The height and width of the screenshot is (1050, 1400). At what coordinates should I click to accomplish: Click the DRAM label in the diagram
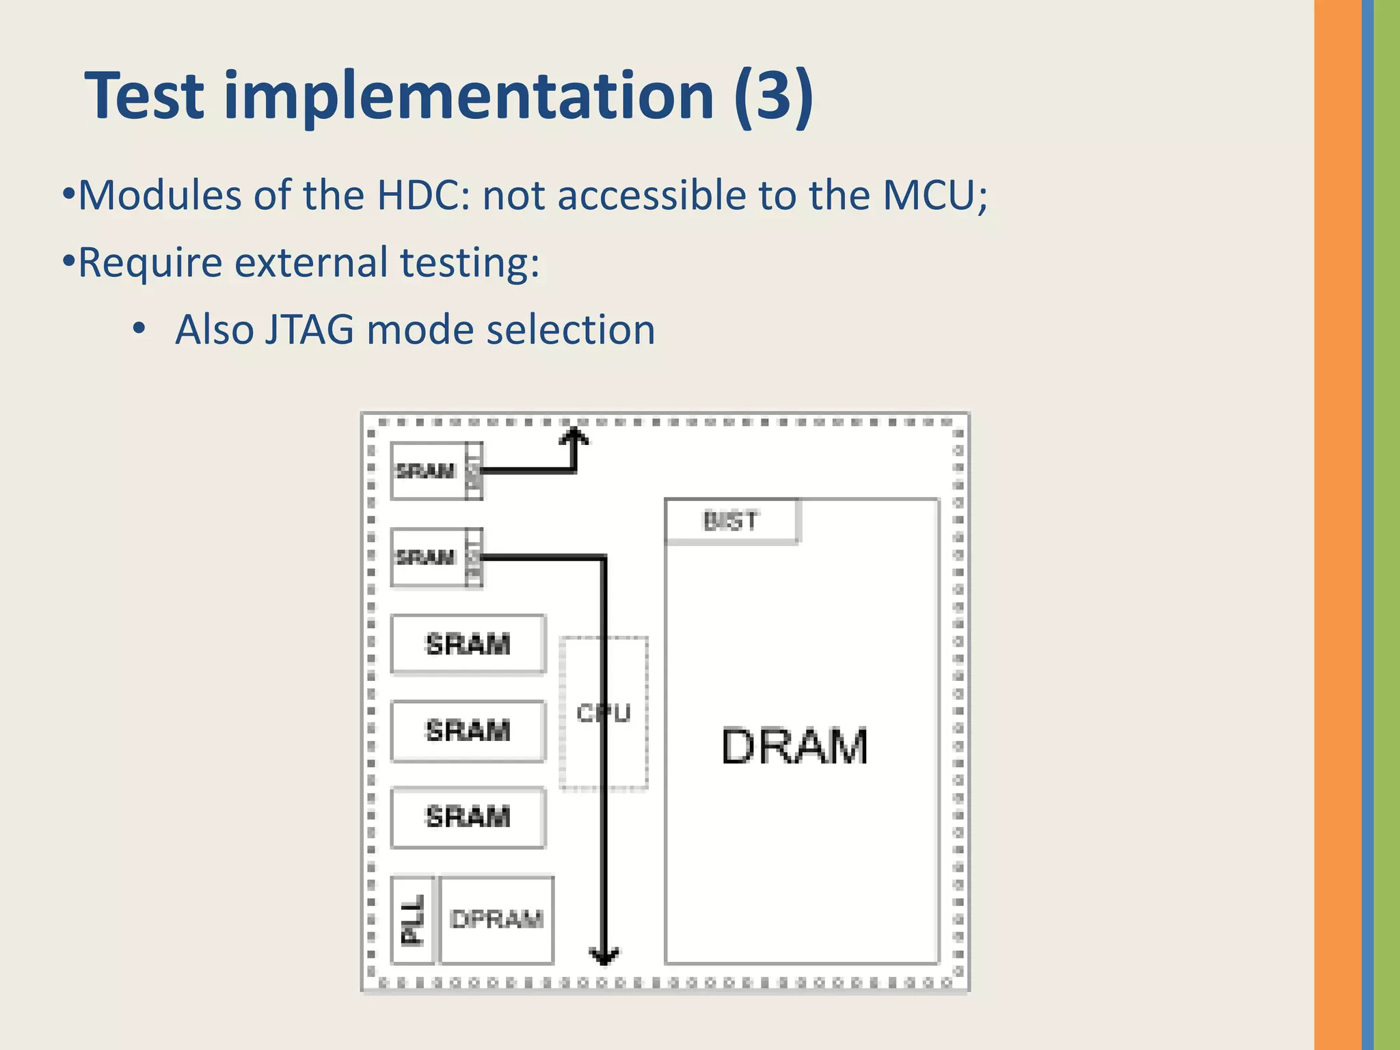coord(794,746)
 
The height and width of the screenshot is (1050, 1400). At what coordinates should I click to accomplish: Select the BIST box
coord(731,522)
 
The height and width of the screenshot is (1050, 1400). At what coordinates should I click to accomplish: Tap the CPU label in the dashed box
coord(603,713)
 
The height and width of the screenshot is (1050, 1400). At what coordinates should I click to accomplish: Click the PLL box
coord(412,920)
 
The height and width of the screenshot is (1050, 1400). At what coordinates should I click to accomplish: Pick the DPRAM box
coord(497,919)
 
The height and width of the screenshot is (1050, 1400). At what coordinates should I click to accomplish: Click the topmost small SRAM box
coord(427,471)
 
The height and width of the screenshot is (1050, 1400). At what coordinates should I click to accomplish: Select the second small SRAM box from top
coord(427,557)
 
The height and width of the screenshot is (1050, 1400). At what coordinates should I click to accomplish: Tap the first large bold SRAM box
coord(468,644)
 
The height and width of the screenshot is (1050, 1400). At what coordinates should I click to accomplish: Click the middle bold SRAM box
coord(468,731)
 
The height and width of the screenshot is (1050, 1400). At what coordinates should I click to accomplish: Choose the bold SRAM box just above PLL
coord(468,817)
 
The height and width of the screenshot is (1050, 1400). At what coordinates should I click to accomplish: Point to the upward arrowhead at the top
coord(574,436)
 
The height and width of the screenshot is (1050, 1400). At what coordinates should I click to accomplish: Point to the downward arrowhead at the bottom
coord(604,956)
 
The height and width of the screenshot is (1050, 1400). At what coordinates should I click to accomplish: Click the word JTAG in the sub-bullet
coord(309,329)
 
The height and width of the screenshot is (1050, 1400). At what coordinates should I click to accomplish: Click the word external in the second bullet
coord(311,262)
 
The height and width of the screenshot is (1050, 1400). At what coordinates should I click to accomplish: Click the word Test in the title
coord(144,96)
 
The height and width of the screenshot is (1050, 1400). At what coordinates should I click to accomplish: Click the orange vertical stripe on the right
coord(1337,525)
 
